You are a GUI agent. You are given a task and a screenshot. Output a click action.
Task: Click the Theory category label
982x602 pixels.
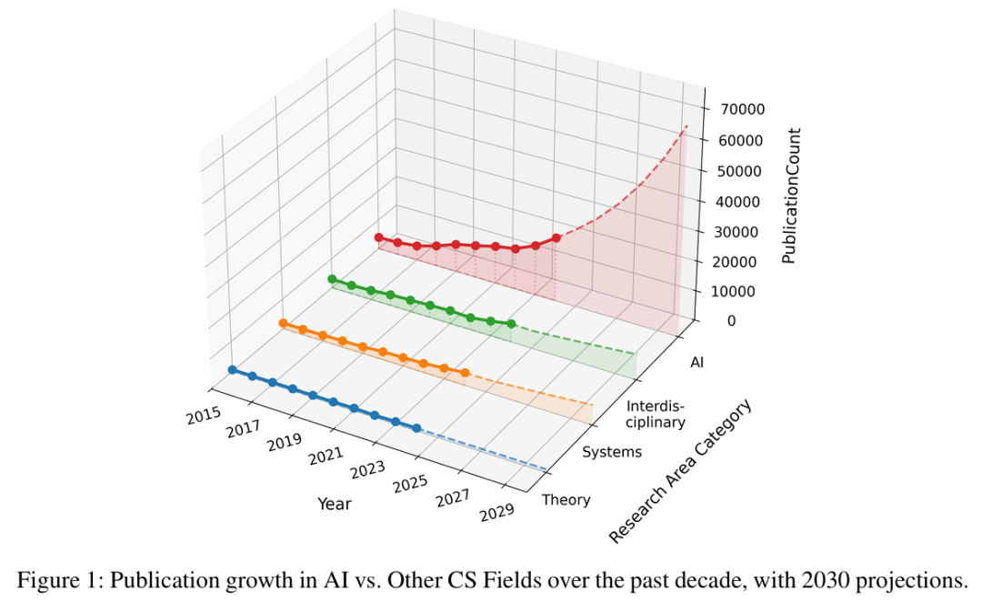click(x=566, y=499)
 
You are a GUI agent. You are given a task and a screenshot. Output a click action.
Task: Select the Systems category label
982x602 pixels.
click(x=611, y=452)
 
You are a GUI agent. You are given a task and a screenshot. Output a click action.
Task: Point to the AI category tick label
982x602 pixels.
click(x=697, y=363)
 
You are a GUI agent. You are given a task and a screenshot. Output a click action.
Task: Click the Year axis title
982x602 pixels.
click(x=334, y=503)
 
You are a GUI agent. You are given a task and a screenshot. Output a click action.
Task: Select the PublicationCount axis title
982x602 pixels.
click(x=788, y=196)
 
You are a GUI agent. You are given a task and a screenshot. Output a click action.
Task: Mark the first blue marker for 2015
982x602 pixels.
click(x=232, y=370)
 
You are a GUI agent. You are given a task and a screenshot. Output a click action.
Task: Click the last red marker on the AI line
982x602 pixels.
click(x=556, y=238)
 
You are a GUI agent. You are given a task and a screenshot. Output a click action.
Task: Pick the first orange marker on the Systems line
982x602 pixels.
click(x=283, y=324)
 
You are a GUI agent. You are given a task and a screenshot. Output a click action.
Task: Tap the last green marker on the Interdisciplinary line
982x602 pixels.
click(x=512, y=324)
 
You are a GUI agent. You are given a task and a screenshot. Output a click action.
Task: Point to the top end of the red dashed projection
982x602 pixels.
click(x=686, y=125)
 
